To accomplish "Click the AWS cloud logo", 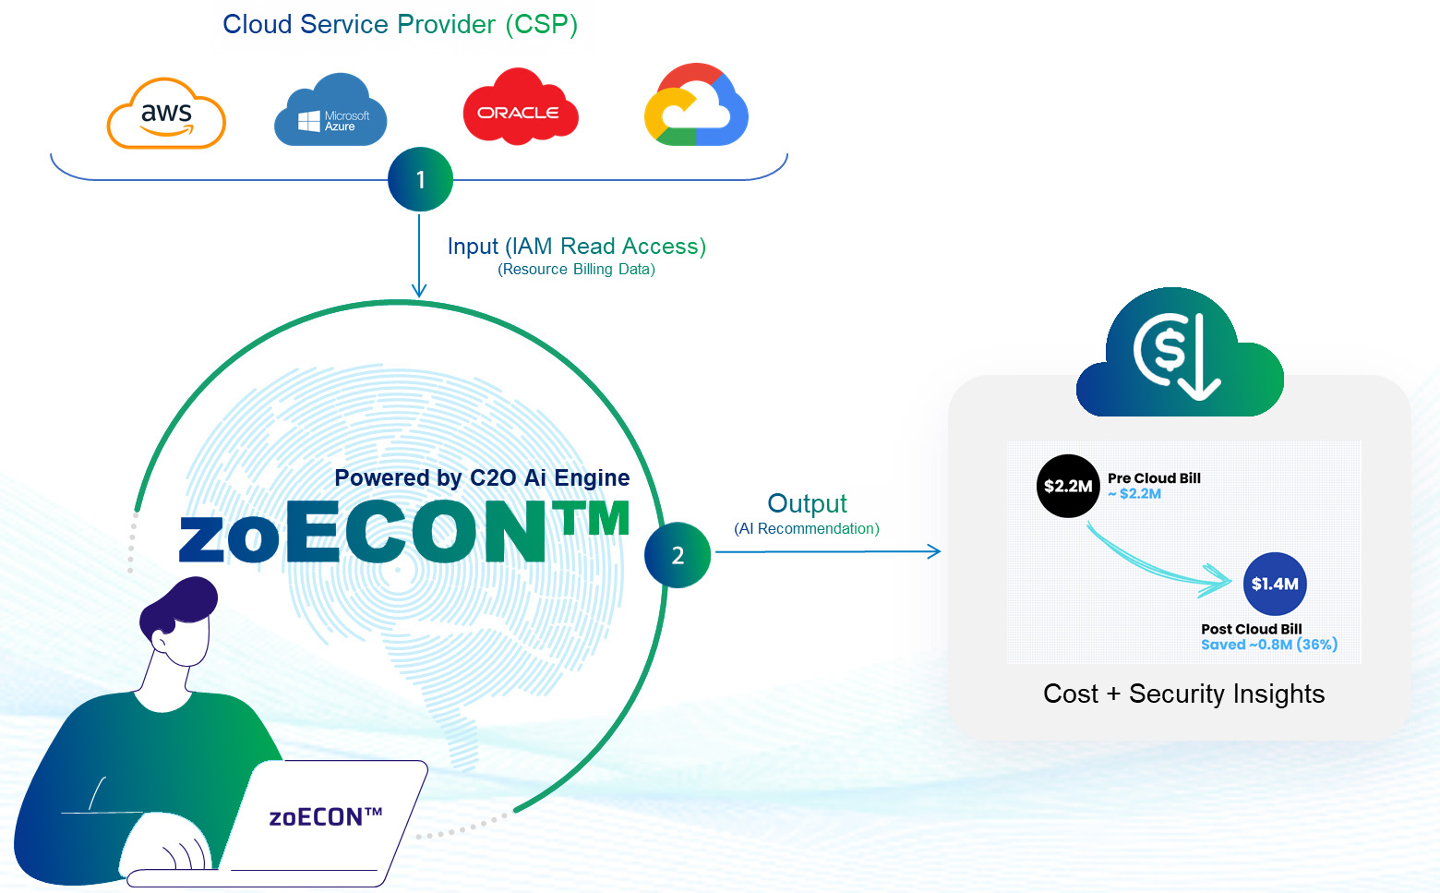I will (x=166, y=115).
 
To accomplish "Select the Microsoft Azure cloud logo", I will (x=330, y=113).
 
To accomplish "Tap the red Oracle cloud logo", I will (x=520, y=109).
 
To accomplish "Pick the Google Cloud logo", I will (x=696, y=106).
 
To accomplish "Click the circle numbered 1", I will (x=420, y=179).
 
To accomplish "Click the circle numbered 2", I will (x=678, y=555).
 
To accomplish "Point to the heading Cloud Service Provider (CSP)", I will (x=400, y=25).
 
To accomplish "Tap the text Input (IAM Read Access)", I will (x=576, y=247).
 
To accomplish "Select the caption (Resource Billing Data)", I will (x=576, y=270).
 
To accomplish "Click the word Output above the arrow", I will (x=807, y=503).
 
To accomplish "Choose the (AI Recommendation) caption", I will (x=807, y=529).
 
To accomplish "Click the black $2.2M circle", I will (x=1068, y=486).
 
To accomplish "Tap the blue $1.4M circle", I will (x=1275, y=584).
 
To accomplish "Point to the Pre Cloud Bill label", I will (x=1154, y=478).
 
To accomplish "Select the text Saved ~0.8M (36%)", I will (x=1269, y=645).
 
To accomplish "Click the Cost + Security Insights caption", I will (x=1183, y=694).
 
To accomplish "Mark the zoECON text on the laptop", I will (x=325, y=817).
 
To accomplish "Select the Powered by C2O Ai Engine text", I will (x=482, y=477).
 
